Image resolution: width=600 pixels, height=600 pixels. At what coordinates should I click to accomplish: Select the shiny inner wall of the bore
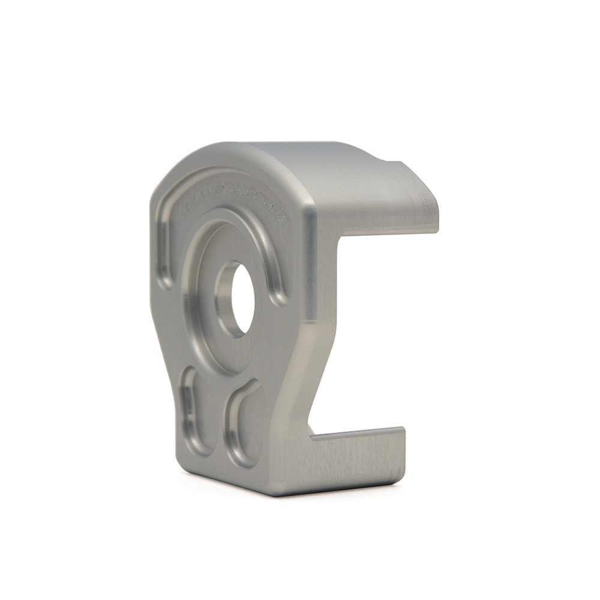pos(223,300)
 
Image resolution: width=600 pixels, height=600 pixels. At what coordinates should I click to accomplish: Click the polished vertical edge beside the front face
pos(309,264)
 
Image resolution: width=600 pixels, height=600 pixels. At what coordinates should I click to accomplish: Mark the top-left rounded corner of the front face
pos(165,180)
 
